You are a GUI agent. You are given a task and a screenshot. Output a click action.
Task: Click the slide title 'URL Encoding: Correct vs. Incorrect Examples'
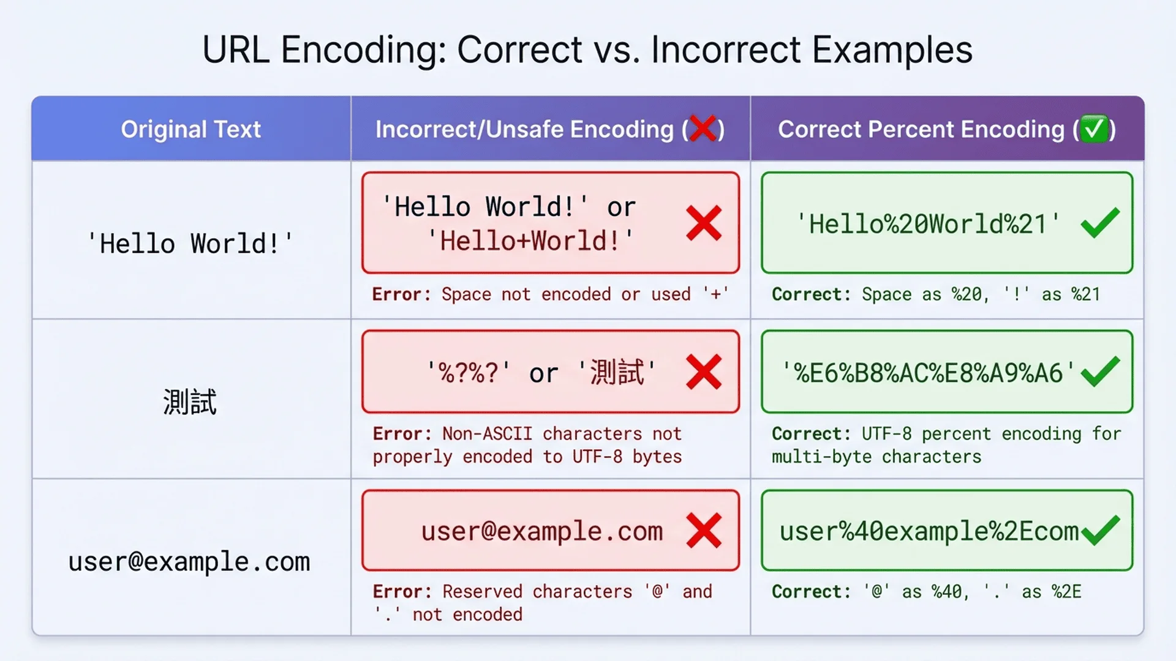[x=587, y=50]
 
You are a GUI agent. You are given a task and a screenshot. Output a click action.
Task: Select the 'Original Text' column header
[x=190, y=129]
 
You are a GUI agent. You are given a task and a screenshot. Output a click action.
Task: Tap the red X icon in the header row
[x=703, y=129]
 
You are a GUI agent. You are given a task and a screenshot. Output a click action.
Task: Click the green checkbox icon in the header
[x=1094, y=129]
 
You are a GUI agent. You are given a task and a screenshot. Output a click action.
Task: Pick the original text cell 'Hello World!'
[x=190, y=244]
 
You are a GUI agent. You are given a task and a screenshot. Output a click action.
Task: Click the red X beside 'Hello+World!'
[x=704, y=223]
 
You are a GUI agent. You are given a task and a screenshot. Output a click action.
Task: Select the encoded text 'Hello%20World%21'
[x=928, y=224]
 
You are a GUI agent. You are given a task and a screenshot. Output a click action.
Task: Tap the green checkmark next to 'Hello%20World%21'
[x=1100, y=223]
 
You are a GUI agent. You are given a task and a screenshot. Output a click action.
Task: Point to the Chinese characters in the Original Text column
[x=190, y=402]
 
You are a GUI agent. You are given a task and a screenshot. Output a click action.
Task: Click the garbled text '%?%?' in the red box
[x=469, y=373]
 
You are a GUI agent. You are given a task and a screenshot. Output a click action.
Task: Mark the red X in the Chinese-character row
[x=704, y=372]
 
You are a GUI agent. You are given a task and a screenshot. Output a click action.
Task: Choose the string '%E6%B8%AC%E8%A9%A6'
[x=928, y=373]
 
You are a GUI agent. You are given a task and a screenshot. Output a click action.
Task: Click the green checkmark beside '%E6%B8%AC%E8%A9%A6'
[x=1100, y=372]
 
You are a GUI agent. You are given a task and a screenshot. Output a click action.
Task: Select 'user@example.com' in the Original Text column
[x=189, y=562]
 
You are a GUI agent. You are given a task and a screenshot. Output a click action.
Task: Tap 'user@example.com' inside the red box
[x=542, y=531]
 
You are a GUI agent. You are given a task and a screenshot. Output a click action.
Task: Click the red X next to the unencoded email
[x=704, y=530]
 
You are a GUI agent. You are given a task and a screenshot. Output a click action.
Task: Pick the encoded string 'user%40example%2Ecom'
[x=929, y=531]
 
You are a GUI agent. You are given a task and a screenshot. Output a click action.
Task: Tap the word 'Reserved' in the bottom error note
[x=482, y=592]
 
